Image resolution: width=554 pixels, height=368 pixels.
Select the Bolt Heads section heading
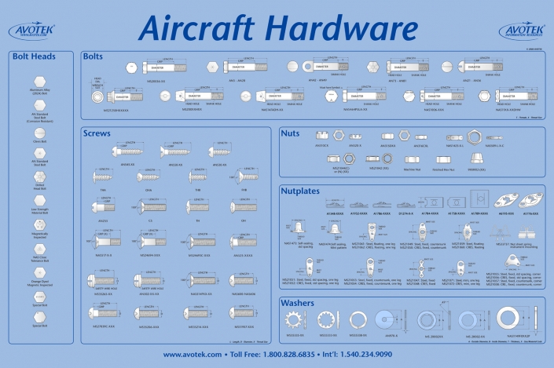(x=33, y=56)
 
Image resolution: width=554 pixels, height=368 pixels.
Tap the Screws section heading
(x=98, y=133)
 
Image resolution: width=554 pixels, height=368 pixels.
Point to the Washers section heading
(x=301, y=303)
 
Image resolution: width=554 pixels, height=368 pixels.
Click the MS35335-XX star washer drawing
(x=295, y=317)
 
